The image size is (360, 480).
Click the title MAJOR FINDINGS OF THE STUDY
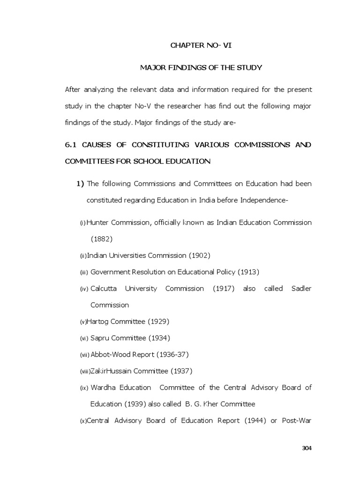pos(201,68)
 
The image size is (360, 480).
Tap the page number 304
pos(307,448)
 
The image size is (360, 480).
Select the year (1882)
pos(102,239)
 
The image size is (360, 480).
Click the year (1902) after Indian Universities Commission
pos(199,255)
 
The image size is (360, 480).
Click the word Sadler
pos(301,288)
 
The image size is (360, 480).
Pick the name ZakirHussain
pos(111,371)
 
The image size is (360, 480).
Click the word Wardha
pos(102,388)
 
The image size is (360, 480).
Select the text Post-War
pos(297,420)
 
